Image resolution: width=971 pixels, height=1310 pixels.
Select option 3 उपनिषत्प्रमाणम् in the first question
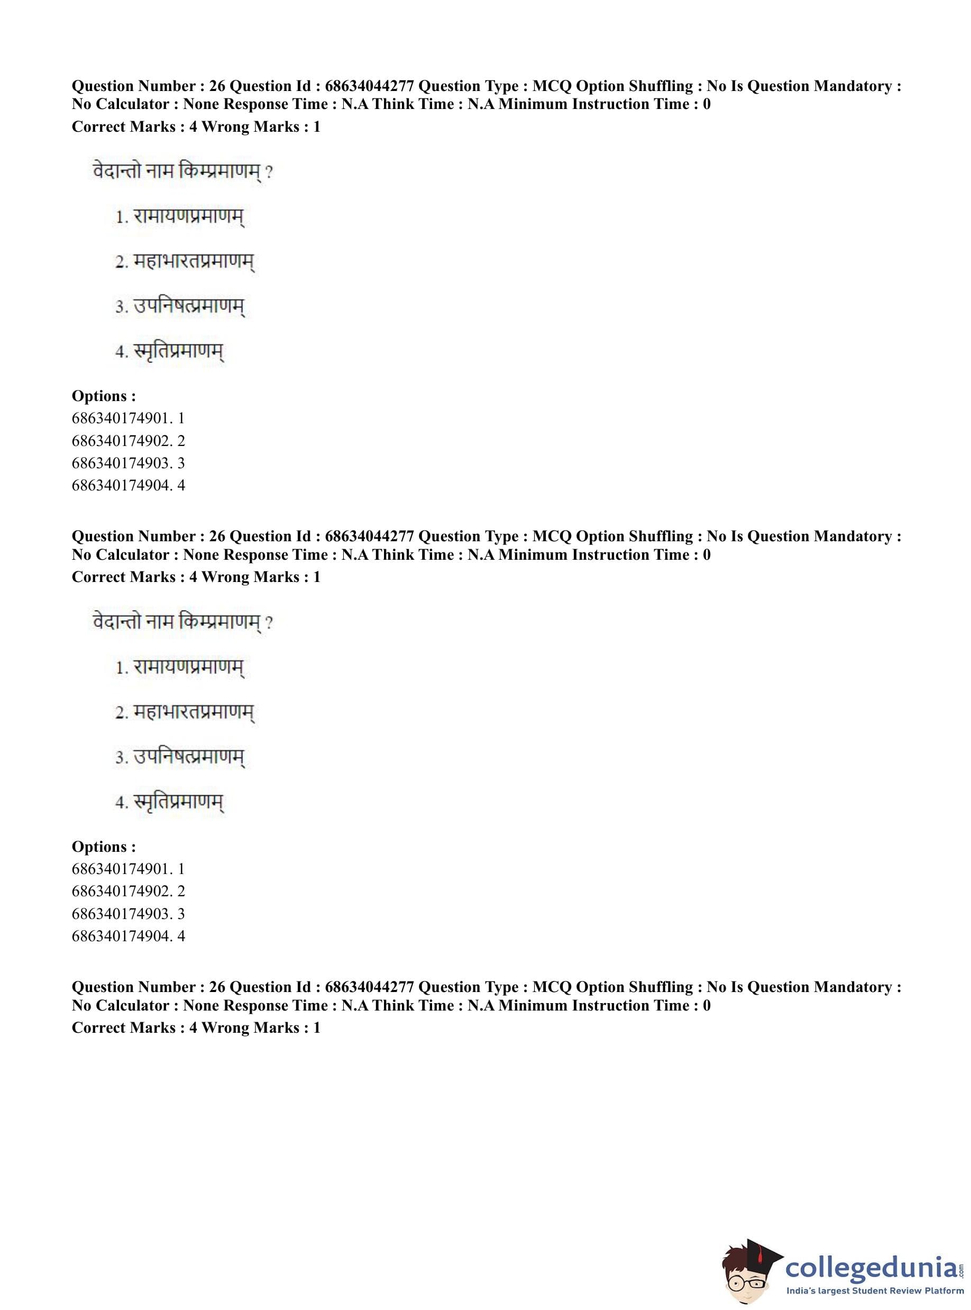tap(188, 306)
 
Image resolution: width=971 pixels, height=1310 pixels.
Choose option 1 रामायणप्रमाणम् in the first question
tap(188, 216)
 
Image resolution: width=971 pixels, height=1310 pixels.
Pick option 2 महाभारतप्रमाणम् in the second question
tap(194, 712)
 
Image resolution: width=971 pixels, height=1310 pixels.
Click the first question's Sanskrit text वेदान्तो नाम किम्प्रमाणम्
tap(176, 172)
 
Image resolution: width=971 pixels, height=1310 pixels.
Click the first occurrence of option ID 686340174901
tap(121, 418)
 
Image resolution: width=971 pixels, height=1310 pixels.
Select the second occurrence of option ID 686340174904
tap(121, 935)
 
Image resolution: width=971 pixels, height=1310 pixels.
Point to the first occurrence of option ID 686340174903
tap(121, 463)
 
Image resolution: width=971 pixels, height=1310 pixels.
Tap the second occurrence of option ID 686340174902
tap(121, 891)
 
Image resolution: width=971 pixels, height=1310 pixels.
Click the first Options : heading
tap(104, 396)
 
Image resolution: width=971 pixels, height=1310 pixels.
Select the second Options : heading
tap(104, 846)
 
